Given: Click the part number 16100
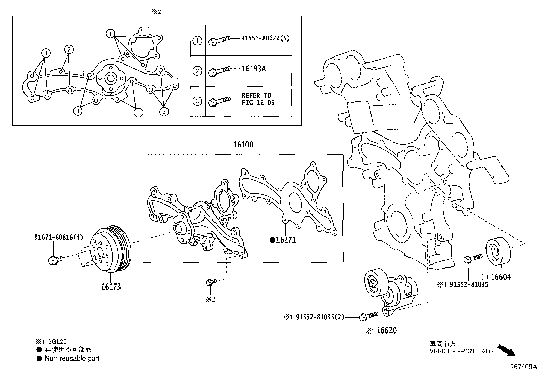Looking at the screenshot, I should click(243, 145).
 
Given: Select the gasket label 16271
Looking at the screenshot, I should click(285, 240).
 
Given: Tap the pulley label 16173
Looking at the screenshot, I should click(111, 287).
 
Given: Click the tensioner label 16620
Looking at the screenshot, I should click(386, 330).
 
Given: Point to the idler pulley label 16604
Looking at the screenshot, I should click(501, 277).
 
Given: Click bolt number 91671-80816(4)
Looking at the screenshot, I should click(58, 237).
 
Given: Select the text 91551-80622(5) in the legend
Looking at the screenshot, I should click(266, 38).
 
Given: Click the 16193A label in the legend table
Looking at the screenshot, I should click(253, 69).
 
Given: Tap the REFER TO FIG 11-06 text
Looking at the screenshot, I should click(258, 99).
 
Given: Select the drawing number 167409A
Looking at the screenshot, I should click(523, 367).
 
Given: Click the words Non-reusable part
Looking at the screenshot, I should click(72, 358).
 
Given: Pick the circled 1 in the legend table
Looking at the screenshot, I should click(197, 41).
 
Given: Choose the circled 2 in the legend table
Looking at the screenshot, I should click(197, 71).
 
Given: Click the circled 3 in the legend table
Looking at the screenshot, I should click(197, 101).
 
